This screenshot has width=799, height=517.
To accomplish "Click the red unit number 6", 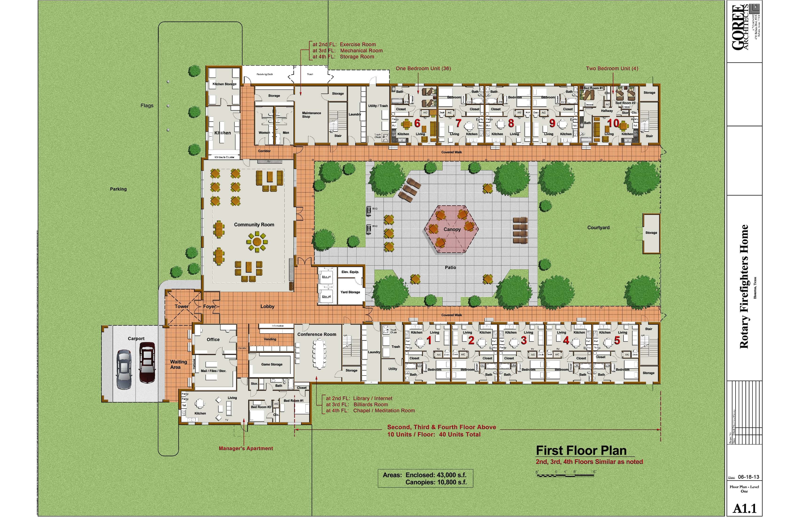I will [417, 123].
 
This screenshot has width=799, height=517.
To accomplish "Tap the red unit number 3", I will [524, 340].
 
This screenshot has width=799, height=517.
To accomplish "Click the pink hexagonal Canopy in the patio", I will [452, 229].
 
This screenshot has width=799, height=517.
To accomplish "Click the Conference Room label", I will [317, 334].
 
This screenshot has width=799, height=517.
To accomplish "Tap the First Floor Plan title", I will [581, 450].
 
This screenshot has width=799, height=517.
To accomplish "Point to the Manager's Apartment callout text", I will [246, 448].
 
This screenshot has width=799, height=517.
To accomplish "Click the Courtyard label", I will [598, 228].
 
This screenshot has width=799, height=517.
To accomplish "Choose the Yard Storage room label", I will [350, 292].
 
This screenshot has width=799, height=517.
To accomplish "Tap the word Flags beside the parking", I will [147, 105].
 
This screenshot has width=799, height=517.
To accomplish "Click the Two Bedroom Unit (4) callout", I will [612, 69].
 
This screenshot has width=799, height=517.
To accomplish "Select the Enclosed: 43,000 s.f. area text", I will [436, 475].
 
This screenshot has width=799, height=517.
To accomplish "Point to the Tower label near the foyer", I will [181, 306].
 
